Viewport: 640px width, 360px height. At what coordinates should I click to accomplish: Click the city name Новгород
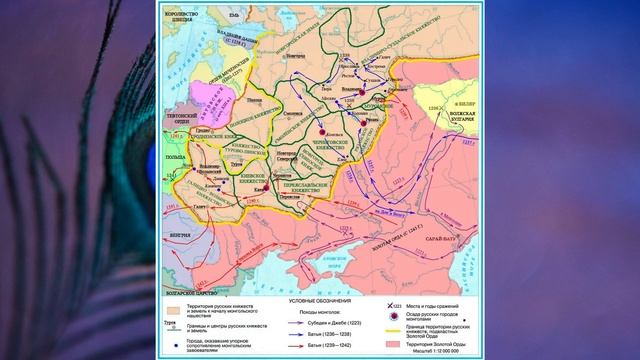tap(294, 57)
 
